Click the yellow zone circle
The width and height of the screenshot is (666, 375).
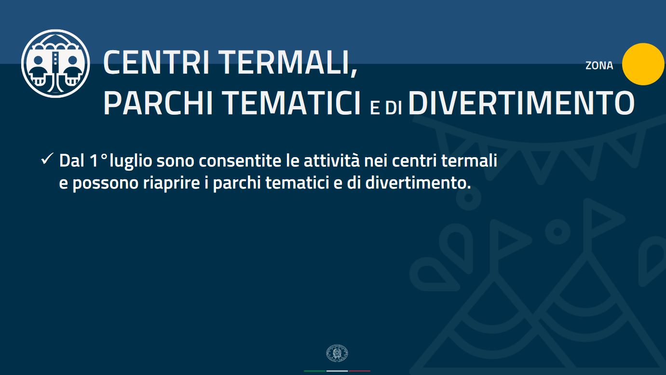pyautogui.click(x=643, y=64)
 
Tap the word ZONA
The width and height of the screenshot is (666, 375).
pyautogui.click(x=599, y=66)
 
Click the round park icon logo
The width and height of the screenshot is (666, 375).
pyautogui.click(x=55, y=64)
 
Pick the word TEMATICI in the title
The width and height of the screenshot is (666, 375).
pyautogui.click(x=293, y=103)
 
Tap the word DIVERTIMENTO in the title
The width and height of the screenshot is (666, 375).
pyautogui.click(x=521, y=103)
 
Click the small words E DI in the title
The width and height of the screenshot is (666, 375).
pyautogui.click(x=386, y=107)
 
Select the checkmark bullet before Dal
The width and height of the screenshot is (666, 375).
pyautogui.click(x=47, y=159)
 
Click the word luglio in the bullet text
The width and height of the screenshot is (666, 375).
pyautogui.click(x=131, y=161)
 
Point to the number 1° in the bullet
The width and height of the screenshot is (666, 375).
pyautogui.click(x=98, y=161)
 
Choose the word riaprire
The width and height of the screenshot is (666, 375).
pyautogui.click(x=172, y=183)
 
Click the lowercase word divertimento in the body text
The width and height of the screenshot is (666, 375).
pyautogui.click(x=418, y=183)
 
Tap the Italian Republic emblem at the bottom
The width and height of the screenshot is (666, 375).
pyautogui.click(x=337, y=353)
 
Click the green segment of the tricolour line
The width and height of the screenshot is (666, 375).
pyautogui.click(x=315, y=371)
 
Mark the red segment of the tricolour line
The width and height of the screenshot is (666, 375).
pyautogui.click(x=359, y=371)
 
